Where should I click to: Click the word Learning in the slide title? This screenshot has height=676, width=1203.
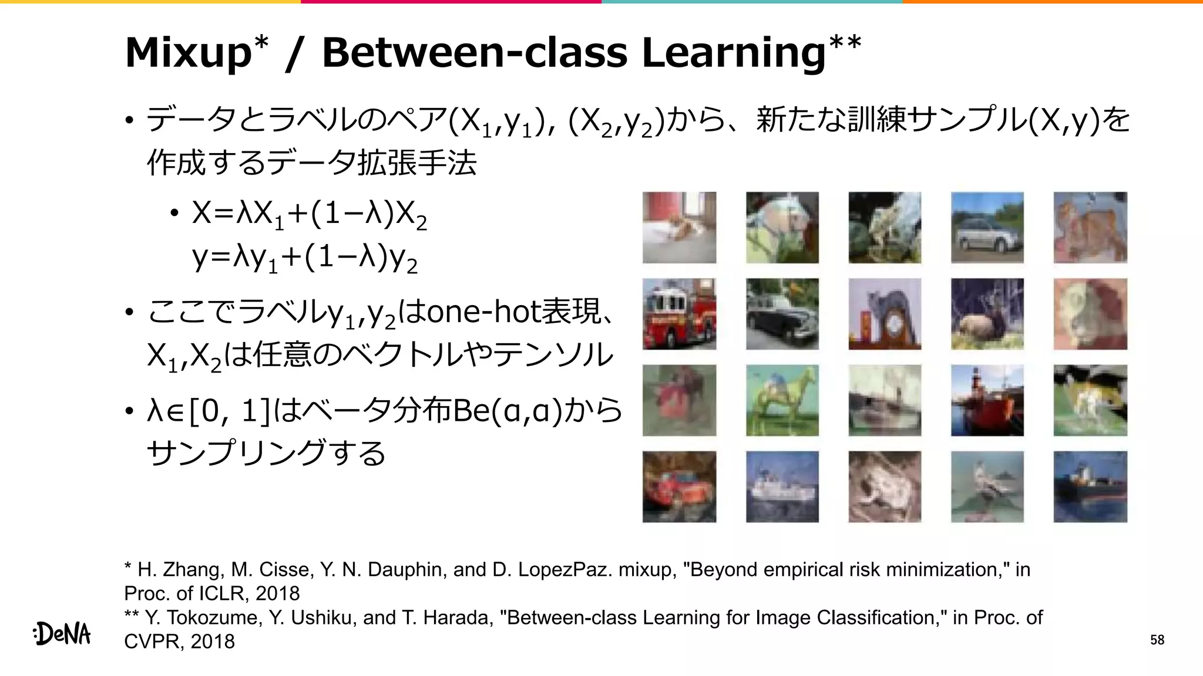[734, 53]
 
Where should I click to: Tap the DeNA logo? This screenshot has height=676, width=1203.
[62, 634]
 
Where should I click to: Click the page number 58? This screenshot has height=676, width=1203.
[1157, 640]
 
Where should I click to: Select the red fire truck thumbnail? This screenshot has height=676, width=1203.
[679, 314]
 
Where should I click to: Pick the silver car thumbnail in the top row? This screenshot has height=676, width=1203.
[987, 228]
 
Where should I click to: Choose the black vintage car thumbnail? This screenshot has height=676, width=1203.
[782, 314]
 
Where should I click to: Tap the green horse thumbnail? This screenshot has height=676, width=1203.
[782, 400]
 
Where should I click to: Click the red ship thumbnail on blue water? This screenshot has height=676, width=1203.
[987, 400]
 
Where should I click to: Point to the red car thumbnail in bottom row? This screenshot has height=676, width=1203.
[679, 486]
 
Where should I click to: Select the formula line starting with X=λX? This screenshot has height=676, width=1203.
[309, 214]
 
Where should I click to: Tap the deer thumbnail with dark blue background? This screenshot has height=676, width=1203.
[987, 314]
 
